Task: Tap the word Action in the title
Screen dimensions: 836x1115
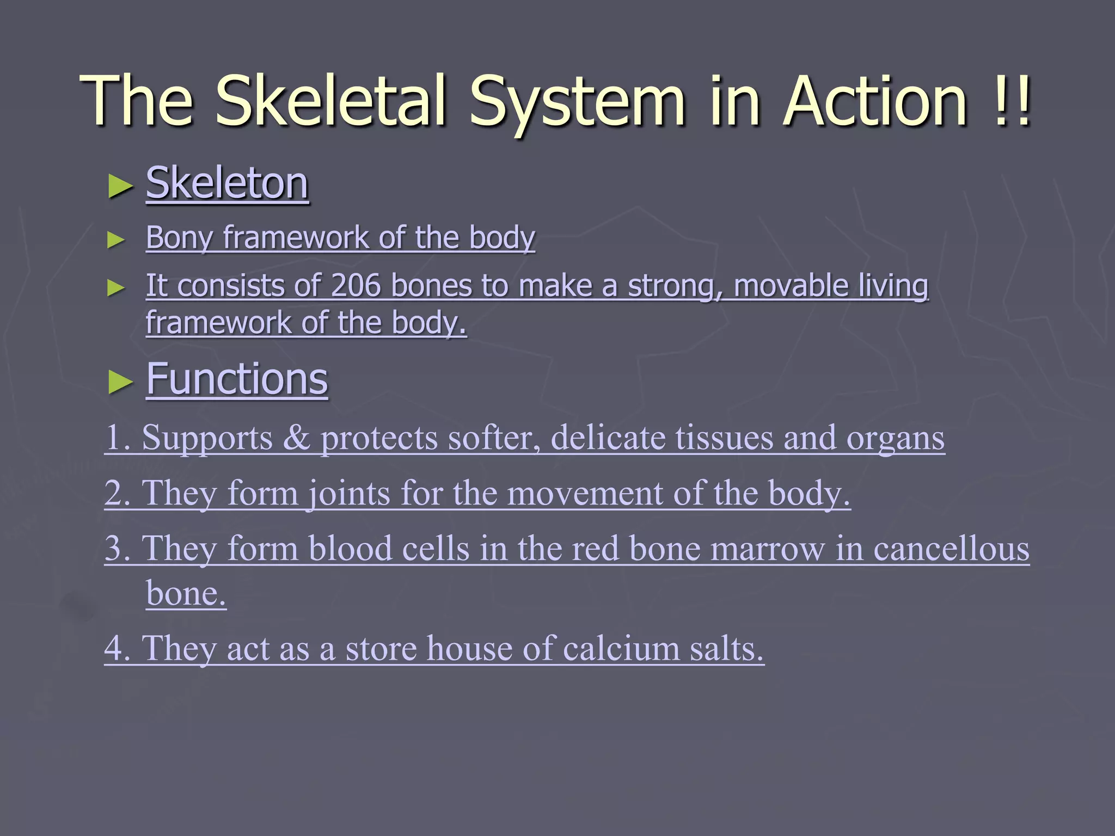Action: pyautogui.click(x=877, y=101)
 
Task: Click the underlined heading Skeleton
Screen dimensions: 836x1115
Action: pyautogui.click(x=227, y=183)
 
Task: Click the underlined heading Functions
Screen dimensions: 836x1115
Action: pyautogui.click(x=237, y=379)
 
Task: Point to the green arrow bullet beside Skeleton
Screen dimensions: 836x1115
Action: pyautogui.click(x=120, y=186)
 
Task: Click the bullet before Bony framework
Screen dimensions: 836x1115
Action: pyautogui.click(x=116, y=239)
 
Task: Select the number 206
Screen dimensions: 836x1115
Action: pyautogui.click(x=355, y=286)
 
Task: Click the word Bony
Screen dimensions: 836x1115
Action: pyautogui.click(x=179, y=238)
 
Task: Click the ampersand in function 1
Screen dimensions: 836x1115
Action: pyautogui.click(x=296, y=438)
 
